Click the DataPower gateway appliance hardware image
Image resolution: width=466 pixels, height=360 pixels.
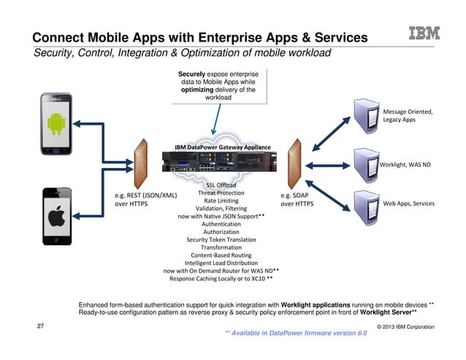tap(221, 166)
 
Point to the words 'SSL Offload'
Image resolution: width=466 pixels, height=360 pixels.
tap(221, 185)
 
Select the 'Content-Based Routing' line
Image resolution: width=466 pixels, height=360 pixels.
tap(221, 256)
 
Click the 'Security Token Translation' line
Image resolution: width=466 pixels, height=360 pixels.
tap(221, 240)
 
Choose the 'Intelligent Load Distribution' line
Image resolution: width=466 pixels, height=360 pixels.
tap(221, 263)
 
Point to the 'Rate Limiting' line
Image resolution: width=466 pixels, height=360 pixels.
tap(221, 201)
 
